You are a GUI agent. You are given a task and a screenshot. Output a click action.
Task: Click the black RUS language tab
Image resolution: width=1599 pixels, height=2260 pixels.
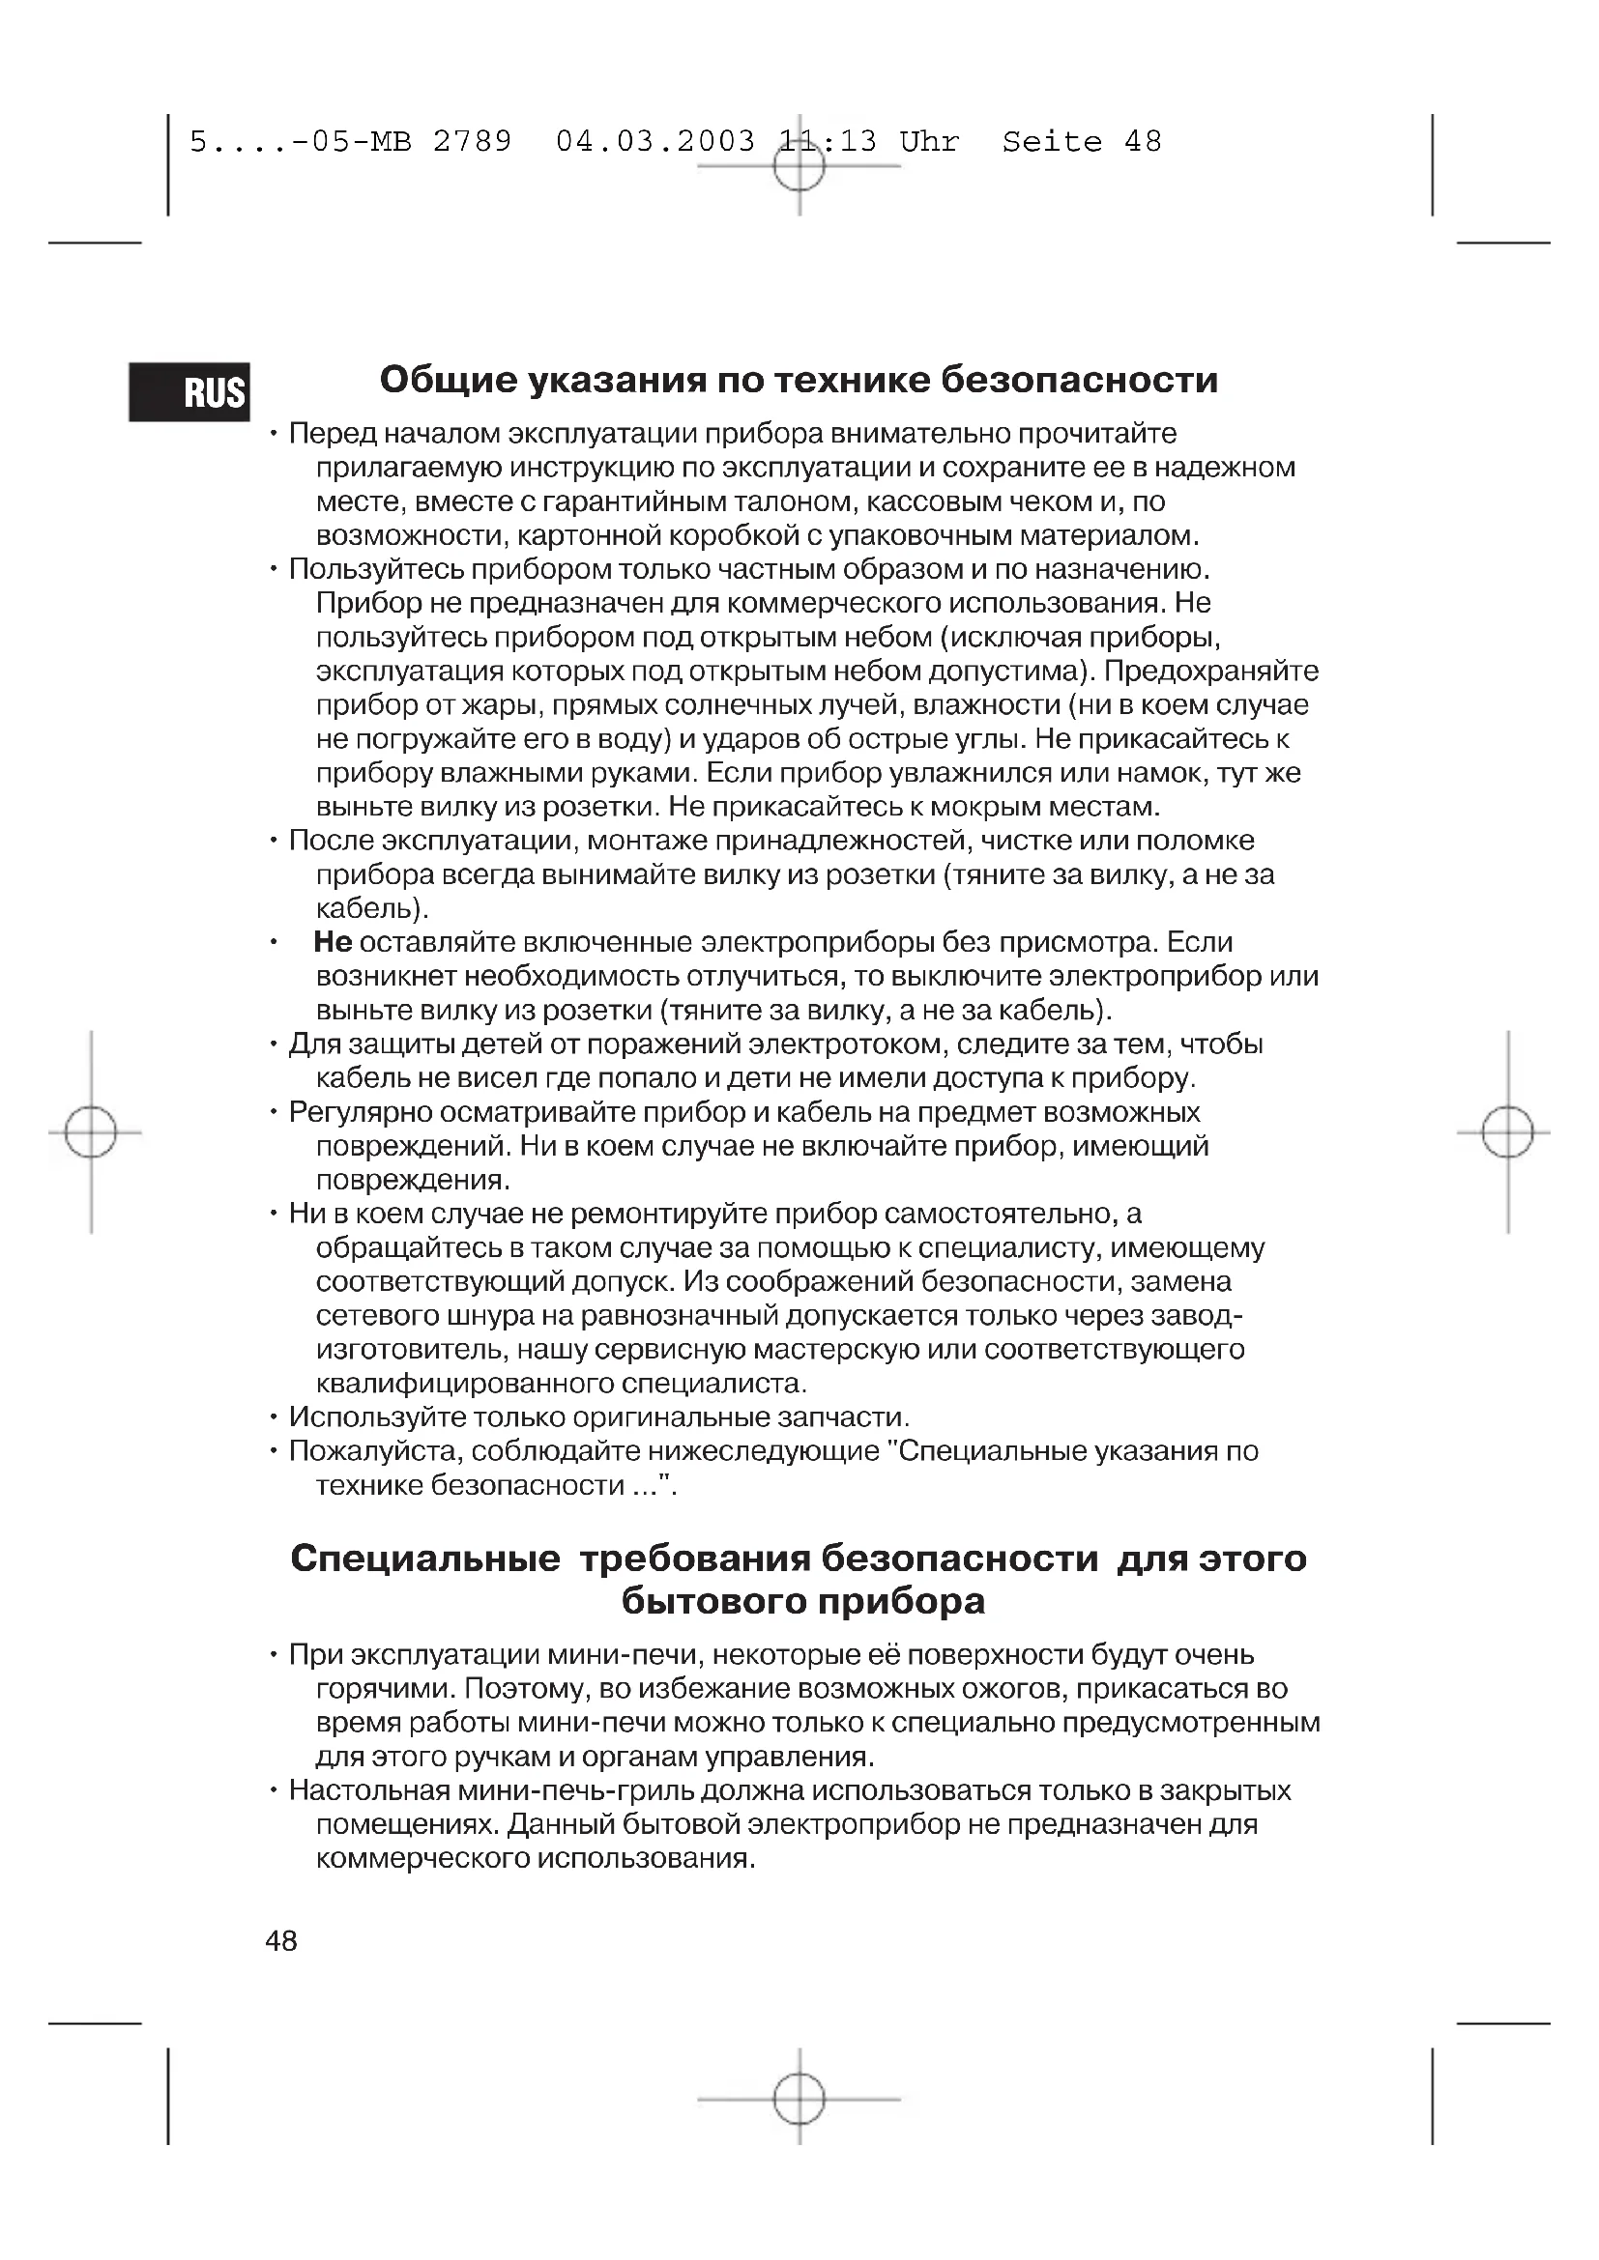pyautogui.click(x=189, y=392)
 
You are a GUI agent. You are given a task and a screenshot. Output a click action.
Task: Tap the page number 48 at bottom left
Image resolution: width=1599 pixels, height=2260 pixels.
pyautogui.click(x=280, y=1940)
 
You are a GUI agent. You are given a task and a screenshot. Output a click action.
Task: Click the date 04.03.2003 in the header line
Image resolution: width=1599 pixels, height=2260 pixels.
pyautogui.click(x=654, y=142)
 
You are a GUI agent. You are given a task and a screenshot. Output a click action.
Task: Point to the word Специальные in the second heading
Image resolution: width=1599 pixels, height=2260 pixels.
pyautogui.click(x=425, y=1559)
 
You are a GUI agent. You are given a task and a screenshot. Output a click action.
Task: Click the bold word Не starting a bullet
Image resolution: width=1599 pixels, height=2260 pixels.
pyautogui.click(x=333, y=942)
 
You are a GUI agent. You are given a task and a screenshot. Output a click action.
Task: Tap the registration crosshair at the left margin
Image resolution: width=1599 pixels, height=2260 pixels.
pyautogui.click(x=91, y=1132)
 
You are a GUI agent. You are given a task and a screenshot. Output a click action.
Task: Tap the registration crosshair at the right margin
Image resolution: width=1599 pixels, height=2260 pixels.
pyautogui.click(x=1507, y=1132)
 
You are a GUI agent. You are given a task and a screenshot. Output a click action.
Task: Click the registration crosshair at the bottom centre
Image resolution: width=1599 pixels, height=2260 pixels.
pyautogui.click(x=799, y=2099)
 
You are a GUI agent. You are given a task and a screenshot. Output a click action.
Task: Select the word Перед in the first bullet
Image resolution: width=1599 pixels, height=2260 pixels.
pyautogui.click(x=331, y=434)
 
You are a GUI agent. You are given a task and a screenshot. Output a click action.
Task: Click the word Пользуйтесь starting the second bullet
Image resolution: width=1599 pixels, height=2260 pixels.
pyautogui.click(x=375, y=570)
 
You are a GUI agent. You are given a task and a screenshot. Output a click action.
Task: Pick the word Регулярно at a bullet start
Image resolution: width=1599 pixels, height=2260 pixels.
pyautogui.click(x=360, y=1112)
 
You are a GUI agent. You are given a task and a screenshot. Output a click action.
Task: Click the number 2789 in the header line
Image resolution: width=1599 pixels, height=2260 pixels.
pyautogui.click(x=473, y=142)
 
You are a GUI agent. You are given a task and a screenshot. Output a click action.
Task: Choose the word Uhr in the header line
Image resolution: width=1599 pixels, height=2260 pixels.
pyautogui.click(x=928, y=142)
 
